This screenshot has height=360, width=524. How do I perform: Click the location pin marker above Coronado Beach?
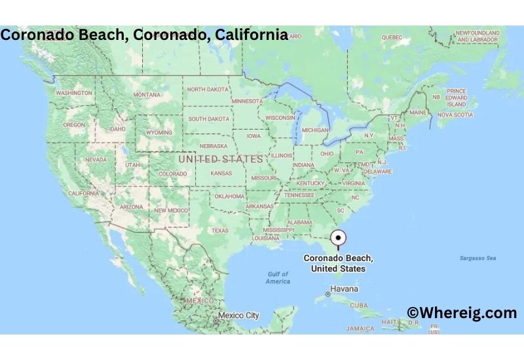point(339,239)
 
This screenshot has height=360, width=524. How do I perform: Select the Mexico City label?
point(238,315)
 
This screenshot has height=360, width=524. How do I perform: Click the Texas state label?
point(219,230)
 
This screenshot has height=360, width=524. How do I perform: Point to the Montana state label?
point(147,95)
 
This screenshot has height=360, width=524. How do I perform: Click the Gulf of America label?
point(278,278)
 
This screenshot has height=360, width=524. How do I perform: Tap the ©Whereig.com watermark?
point(462,313)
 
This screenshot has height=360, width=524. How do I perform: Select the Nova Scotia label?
point(455,115)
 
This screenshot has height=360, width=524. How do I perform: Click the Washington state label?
point(74,93)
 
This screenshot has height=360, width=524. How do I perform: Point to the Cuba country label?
point(359,305)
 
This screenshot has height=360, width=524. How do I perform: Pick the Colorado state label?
point(172,173)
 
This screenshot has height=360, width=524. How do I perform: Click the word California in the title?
point(253,35)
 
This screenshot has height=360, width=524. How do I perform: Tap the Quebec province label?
point(391,37)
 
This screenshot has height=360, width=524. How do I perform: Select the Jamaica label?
point(360,328)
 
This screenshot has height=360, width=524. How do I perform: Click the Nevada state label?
point(96,160)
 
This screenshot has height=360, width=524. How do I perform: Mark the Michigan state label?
point(315,130)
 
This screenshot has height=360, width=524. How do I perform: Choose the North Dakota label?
point(208,89)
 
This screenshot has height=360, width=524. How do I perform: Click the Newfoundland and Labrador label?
point(478,36)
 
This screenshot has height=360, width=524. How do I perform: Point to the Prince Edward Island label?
point(456,98)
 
